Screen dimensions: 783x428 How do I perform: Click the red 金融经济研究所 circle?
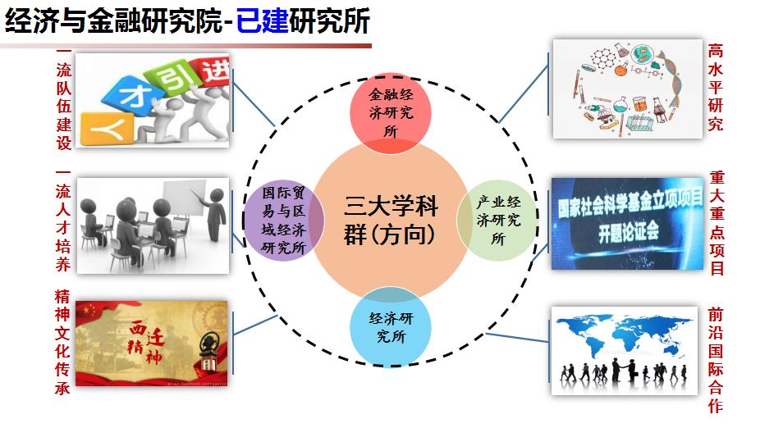click(390, 113)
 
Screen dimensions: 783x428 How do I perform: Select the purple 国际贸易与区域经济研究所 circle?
click(284, 220)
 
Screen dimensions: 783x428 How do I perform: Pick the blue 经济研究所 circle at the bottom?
click(390, 326)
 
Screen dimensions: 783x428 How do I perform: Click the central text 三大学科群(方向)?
click(390, 220)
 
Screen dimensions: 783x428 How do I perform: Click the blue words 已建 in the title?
click(262, 21)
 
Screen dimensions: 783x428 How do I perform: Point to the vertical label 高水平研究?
click(715, 87)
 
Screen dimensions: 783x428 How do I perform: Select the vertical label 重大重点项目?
click(717, 223)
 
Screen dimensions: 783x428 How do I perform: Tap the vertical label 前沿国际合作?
click(715, 360)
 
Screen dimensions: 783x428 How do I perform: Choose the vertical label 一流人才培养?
click(63, 221)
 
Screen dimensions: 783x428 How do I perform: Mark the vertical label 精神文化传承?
click(62, 342)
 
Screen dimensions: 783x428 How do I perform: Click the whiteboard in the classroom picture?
click(183, 198)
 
